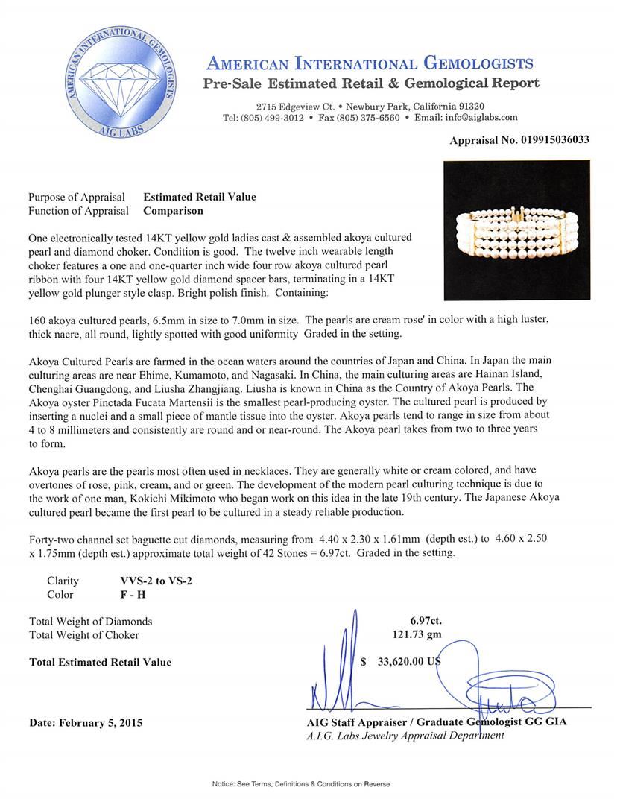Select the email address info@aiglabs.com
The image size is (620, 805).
(x=476, y=118)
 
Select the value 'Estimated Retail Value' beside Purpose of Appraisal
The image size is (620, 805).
(x=199, y=198)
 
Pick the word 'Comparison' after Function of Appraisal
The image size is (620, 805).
(x=173, y=211)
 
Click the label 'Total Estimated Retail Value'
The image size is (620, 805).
(x=100, y=662)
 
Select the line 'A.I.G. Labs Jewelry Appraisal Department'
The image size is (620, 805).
(x=405, y=735)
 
